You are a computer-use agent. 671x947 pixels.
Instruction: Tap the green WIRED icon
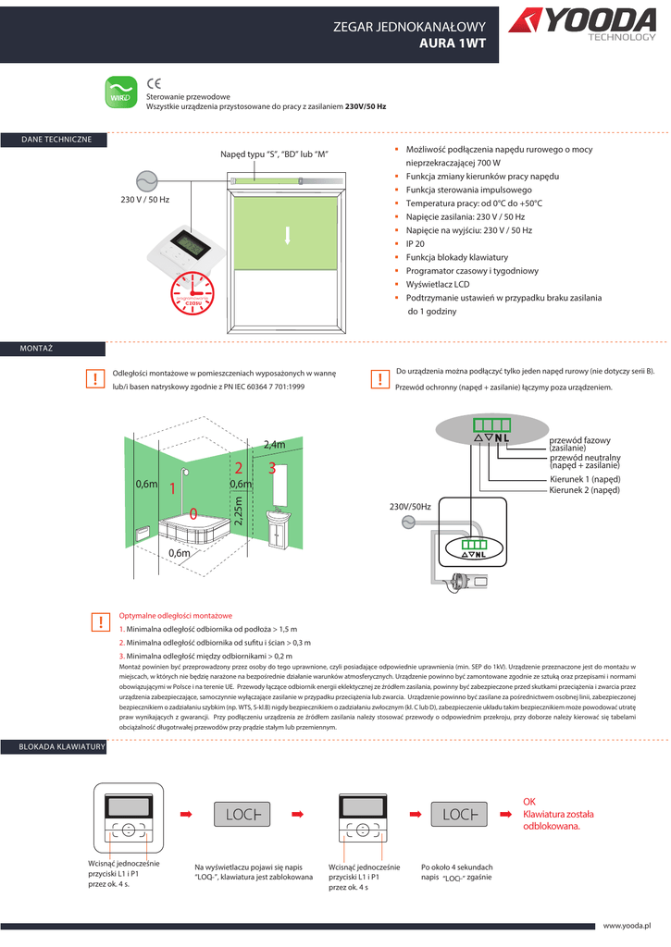(118, 92)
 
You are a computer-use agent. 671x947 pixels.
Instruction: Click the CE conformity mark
(155, 83)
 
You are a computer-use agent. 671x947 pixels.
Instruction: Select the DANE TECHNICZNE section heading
(56, 139)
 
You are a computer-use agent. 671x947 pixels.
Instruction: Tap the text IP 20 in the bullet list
(416, 243)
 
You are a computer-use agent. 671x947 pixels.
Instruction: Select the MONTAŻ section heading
(37, 348)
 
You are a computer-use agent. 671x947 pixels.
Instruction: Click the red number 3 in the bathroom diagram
(272, 469)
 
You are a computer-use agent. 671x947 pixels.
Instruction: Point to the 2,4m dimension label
(275, 445)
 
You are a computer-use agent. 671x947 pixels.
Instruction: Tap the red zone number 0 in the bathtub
(193, 513)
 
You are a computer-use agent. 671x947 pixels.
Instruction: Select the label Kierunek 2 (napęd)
(585, 490)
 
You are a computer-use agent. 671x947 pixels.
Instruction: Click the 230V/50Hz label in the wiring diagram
(410, 507)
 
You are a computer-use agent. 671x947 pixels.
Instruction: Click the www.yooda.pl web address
(628, 925)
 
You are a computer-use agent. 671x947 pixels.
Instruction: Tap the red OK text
(529, 802)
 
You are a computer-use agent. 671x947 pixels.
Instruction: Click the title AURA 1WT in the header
(453, 43)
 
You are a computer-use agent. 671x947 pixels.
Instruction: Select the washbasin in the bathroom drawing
(280, 517)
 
